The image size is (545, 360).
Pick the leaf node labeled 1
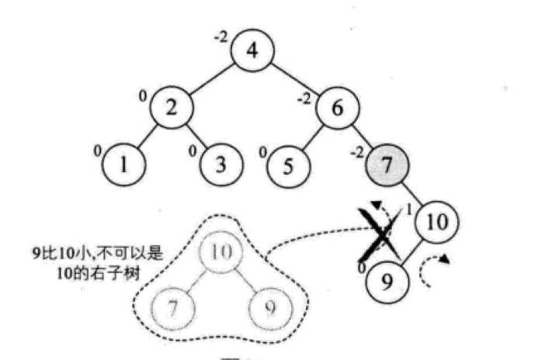pyautogui.click(x=123, y=164)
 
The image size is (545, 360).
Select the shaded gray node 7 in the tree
pyautogui.click(x=385, y=164)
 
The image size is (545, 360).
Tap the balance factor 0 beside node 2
pyautogui.click(x=143, y=95)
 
